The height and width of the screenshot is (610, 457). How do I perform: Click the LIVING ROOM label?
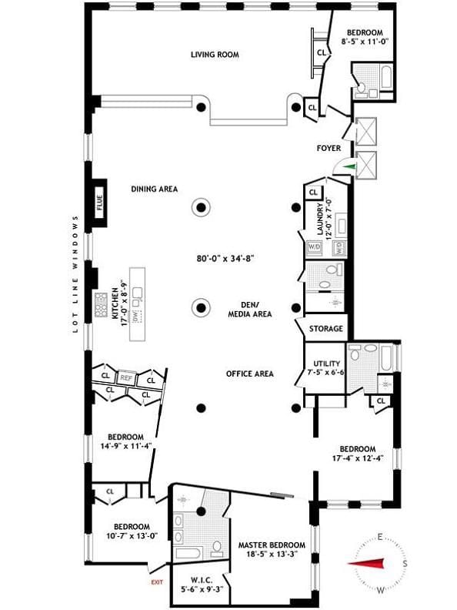coord(215,55)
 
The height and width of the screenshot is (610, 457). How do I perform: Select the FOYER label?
coord(329,148)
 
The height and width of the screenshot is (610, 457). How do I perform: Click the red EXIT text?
coord(157,582)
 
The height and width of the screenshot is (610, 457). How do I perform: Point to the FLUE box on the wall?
coord(99,204)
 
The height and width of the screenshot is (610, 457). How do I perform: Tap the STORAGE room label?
coord(325,329)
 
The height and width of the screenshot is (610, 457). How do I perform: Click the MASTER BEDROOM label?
coord(271,545)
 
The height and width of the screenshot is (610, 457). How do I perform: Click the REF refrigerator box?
coord(126,378)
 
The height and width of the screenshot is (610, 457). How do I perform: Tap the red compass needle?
coord(369,564)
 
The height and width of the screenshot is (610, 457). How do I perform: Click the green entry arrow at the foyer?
coord(350,165)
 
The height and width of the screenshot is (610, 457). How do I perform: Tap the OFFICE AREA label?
coord(250,374)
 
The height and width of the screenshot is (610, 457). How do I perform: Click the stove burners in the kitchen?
coord(102,306)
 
